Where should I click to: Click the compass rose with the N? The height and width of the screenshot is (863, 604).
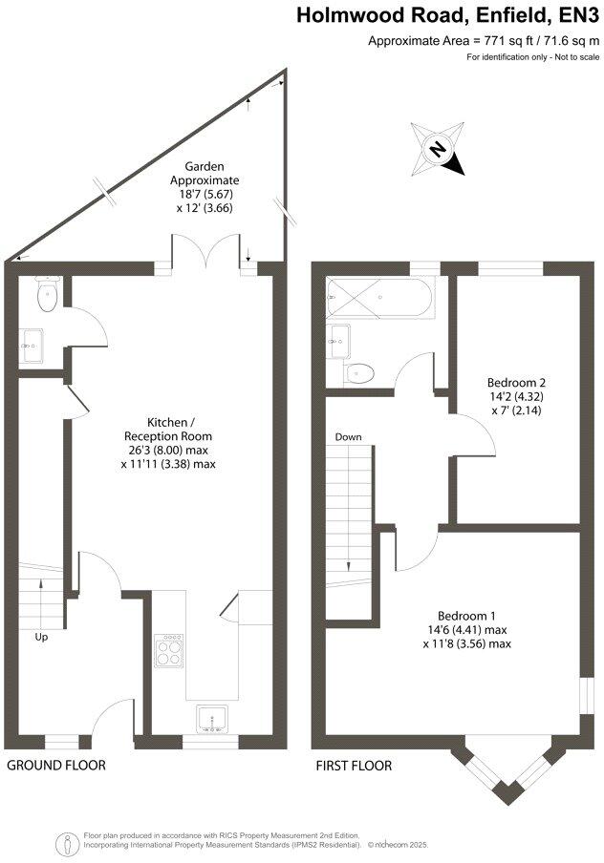tap(437, 150)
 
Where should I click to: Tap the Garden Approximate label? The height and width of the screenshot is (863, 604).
tap(205, 186)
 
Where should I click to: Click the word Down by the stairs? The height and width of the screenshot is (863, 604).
tap(348, 437)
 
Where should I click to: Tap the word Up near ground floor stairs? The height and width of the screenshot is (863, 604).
tap(41, 637)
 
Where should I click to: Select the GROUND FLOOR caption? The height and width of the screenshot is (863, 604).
tap(56, 765)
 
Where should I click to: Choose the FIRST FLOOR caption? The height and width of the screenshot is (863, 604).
tap(355, 765)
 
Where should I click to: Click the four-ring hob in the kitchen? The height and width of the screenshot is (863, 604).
tap(170, 652)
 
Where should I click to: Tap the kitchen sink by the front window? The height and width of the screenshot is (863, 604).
tap(210, 717)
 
